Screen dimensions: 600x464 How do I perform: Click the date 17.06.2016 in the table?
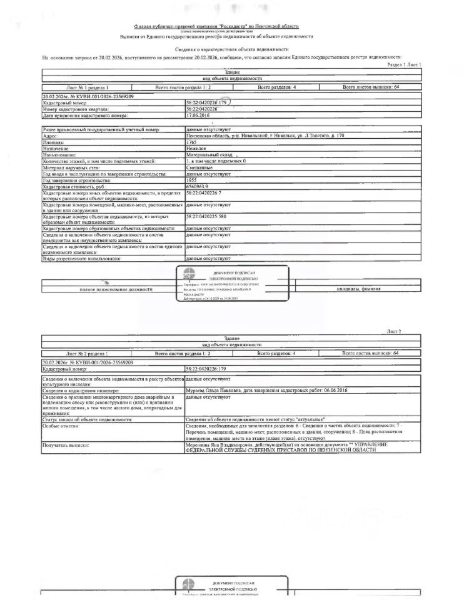tap(198, 116)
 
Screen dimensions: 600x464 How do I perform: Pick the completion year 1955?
tap(192, 180)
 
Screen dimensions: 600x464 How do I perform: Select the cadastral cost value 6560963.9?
tap(199, 186)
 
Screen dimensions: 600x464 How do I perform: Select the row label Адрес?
tap(52, 136)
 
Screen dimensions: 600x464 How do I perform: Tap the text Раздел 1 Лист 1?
tap(404, 64)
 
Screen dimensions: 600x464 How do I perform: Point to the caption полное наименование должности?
tap(116, 289)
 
